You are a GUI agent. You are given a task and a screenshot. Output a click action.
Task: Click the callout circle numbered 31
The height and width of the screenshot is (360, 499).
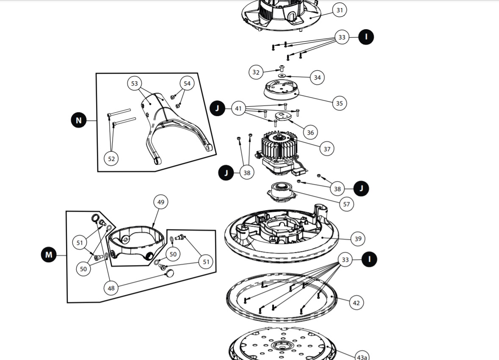(x=339, y=10)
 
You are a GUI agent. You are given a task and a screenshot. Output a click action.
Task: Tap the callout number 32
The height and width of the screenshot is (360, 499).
(x=256, y=72)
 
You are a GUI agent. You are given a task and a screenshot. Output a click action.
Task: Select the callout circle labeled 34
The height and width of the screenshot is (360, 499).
(x=317, y=78)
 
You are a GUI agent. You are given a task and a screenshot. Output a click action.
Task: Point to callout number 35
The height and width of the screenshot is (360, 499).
(x=339, y=103)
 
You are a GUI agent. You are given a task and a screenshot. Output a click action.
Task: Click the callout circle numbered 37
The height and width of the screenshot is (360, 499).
(x=327, y=149)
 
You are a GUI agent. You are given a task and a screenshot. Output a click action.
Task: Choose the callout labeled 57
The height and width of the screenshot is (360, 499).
(x=347, y=204)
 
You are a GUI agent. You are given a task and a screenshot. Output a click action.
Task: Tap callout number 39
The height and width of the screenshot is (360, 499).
(x=358, y=239)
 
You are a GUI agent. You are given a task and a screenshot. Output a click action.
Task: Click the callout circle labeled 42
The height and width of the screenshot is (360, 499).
(x=356, y=303)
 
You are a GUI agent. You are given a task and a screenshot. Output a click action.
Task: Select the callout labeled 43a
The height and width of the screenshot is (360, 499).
(x=361, y=356)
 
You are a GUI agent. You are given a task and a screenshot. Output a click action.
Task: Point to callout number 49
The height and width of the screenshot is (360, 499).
(x=161, y=202)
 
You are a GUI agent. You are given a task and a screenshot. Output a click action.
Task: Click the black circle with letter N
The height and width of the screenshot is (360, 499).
(x=78, y=120)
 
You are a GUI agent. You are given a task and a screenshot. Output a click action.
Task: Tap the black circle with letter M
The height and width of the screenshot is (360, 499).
(x=49, y=255)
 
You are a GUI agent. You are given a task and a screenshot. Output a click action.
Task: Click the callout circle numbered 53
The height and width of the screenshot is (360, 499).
(x=135, y=83)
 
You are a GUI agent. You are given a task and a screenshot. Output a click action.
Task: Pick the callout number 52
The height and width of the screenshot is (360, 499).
(x=111, y=159)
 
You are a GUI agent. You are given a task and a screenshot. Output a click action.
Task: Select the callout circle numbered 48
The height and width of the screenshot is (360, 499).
(x=111, y=288)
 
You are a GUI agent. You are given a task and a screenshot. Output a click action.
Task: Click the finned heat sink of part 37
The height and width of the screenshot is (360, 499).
(x=278, y=146)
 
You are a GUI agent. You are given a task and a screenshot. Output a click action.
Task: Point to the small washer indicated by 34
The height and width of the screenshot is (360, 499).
(x=282, y=76)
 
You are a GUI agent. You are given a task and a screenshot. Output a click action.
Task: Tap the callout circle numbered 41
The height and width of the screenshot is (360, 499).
(x=238, y=109)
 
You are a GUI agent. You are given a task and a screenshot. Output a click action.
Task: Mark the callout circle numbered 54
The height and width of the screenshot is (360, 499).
(x=187, y=83)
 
